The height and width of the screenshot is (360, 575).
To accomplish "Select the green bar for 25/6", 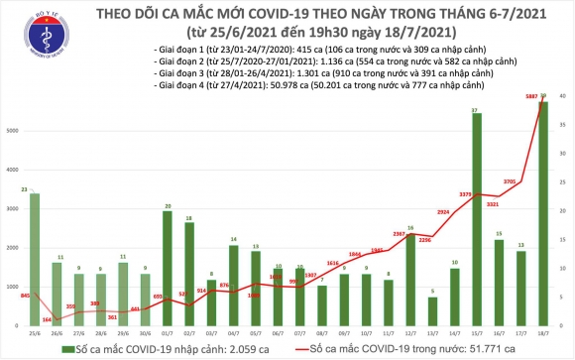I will [35, 258].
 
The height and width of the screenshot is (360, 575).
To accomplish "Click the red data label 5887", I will [528, 97].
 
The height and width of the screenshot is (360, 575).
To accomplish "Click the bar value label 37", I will [478, 109].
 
